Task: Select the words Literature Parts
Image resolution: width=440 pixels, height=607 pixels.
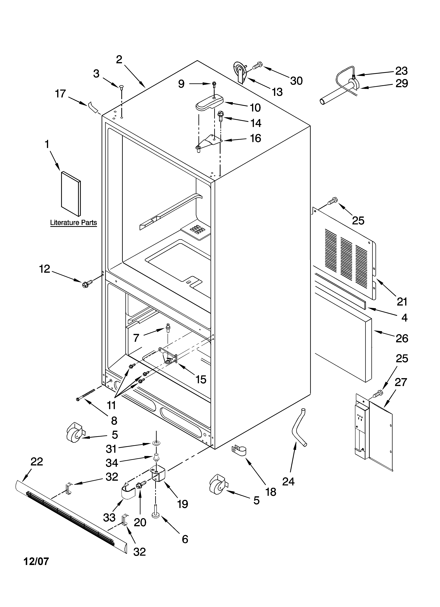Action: tap(73, 223)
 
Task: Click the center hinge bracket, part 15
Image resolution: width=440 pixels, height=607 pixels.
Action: tap(168, 355)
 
